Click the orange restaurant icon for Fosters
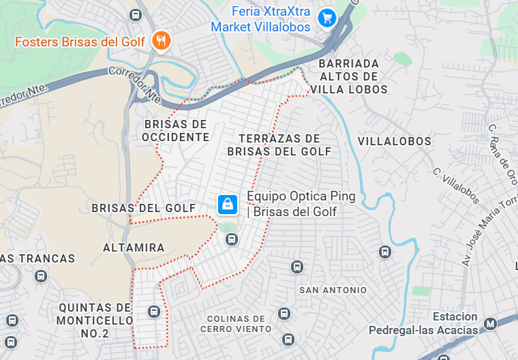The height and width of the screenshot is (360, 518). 162,41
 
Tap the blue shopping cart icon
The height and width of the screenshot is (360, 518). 328,18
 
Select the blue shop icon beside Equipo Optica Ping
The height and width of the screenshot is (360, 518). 227,204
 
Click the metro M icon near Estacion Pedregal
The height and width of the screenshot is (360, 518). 489,323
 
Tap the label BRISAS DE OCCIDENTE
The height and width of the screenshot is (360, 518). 175,130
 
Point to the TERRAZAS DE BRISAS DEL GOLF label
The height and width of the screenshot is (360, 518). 279,145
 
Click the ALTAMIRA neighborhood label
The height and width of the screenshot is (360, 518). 134,247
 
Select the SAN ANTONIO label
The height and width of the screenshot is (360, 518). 333,290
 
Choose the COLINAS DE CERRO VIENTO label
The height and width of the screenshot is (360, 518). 236,324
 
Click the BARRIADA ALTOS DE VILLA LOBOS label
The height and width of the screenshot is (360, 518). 348,76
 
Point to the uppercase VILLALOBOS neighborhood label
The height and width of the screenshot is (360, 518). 394,141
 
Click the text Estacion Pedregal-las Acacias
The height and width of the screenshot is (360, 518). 423,324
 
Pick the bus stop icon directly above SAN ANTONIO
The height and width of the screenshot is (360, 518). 296,267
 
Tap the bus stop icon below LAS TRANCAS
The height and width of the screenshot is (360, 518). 41,277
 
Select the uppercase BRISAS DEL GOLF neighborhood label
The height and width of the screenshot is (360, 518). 144,208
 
